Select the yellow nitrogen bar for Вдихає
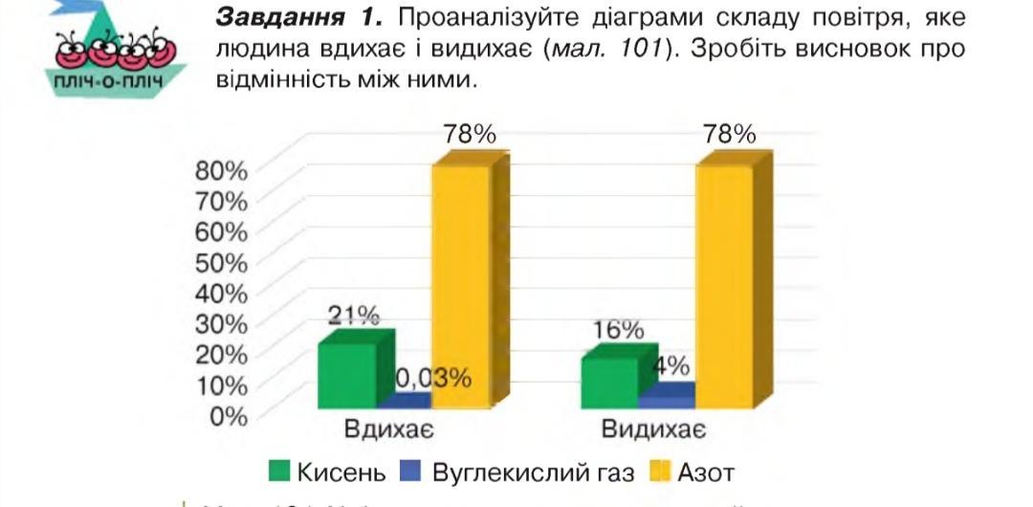(460, 287)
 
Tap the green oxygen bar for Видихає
(609, 383)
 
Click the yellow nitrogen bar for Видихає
(724, 287)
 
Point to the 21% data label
(354, 316)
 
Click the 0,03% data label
(433, 378)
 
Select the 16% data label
(617, 331)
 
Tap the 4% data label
(671, 365)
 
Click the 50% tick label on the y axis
(221, 262)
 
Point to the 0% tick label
(229, 416)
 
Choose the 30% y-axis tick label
(221, 323)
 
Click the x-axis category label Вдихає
(389, 430)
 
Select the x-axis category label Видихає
(653, 430)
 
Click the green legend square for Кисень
(279, 471)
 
